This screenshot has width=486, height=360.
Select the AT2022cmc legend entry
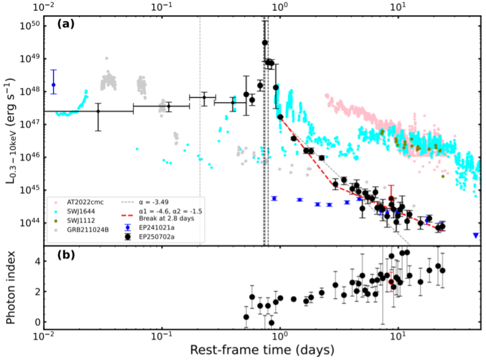79,201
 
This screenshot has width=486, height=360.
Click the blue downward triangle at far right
476,235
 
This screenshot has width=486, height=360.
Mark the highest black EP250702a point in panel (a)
265,43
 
